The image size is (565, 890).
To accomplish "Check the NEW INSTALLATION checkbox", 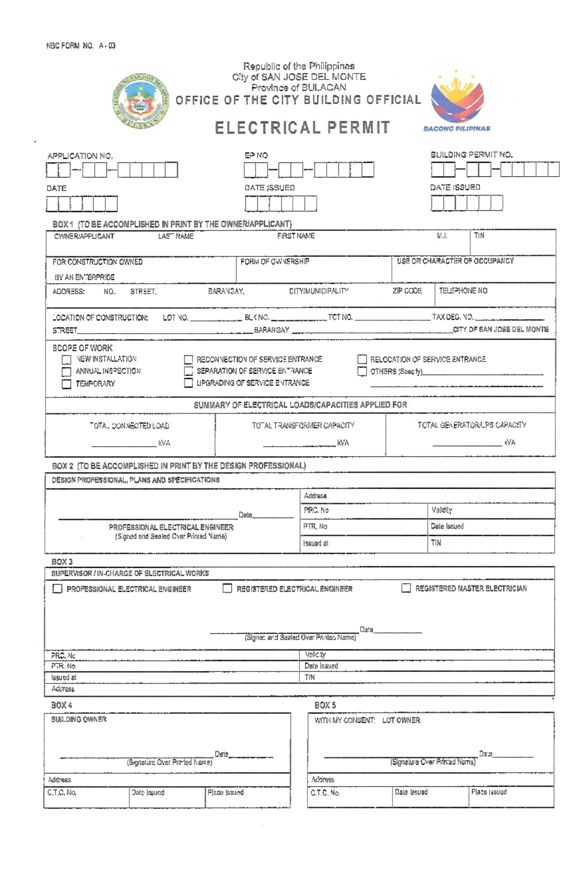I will click(x=66, y=359).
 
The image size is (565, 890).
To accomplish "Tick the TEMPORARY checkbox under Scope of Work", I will click(x=66, y=384).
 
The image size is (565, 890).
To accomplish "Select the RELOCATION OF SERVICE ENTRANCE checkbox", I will click(x=362, y=359).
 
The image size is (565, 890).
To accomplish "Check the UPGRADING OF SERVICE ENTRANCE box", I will click(x=188, y=383).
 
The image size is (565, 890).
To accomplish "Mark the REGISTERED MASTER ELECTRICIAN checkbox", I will click(x=406, y=588).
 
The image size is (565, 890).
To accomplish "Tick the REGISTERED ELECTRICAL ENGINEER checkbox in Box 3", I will click(x=227, y=588).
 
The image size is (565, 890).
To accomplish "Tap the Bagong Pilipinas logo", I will click(x=457, y=102).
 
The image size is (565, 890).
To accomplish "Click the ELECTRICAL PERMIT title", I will click(x=302, y=128).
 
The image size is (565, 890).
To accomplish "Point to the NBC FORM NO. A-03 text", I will click(x=81, y=46).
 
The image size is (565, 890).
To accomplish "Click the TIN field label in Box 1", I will click(x=479, y=236).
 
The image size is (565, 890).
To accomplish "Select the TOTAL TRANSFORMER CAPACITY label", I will click(x=303, y=425).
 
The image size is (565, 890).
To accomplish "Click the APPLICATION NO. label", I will click(x=80, y=156).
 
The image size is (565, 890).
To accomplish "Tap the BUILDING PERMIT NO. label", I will click(x=471, y=155).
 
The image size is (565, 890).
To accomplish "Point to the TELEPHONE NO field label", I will click(x=463, y=291).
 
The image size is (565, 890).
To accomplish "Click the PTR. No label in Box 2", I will click(x=315, y=526).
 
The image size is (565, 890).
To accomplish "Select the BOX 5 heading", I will click(x=325, y=705).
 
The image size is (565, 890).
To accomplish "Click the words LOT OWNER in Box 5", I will click(x=401, y=720).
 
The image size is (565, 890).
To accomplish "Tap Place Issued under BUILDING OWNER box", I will click(x=226, y=792).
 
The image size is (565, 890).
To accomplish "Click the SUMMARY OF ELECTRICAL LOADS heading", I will click(x=300, y=405).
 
